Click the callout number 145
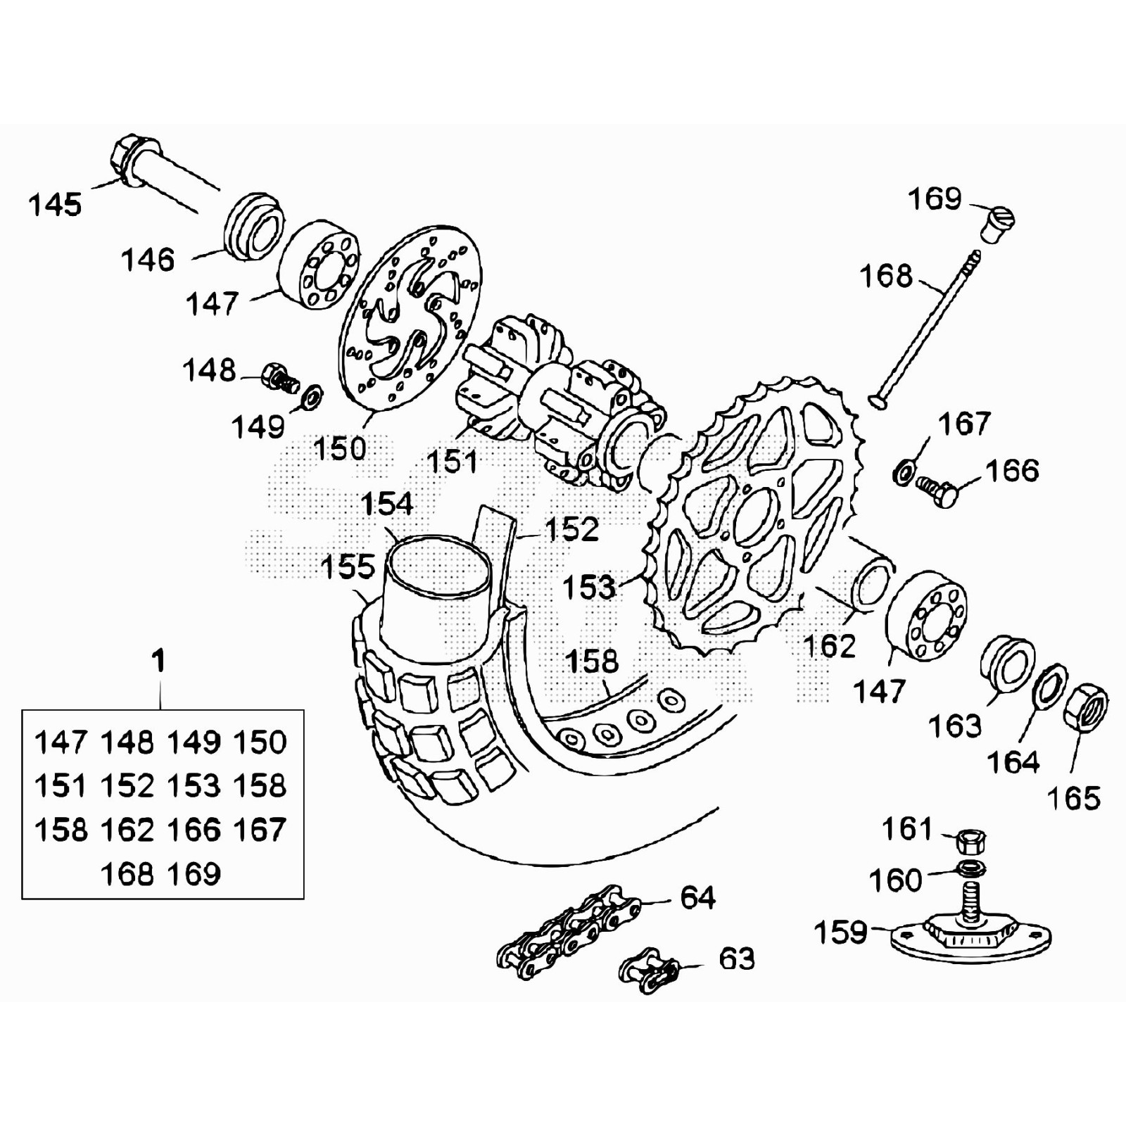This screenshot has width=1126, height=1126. tap(55, 205)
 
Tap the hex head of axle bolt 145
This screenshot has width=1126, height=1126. tap(125, 158)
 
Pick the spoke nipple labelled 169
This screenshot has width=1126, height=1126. tap(998, 225)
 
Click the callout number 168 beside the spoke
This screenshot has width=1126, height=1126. tap(886, 276)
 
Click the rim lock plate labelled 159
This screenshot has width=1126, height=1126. tap(970, 936)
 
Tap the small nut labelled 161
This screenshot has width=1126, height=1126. tap(972, 841)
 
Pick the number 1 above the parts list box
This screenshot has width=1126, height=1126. tap(159, 662)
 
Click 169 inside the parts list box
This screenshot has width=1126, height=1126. tap(194, 874)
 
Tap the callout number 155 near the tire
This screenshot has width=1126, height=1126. tap(348, 567)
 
